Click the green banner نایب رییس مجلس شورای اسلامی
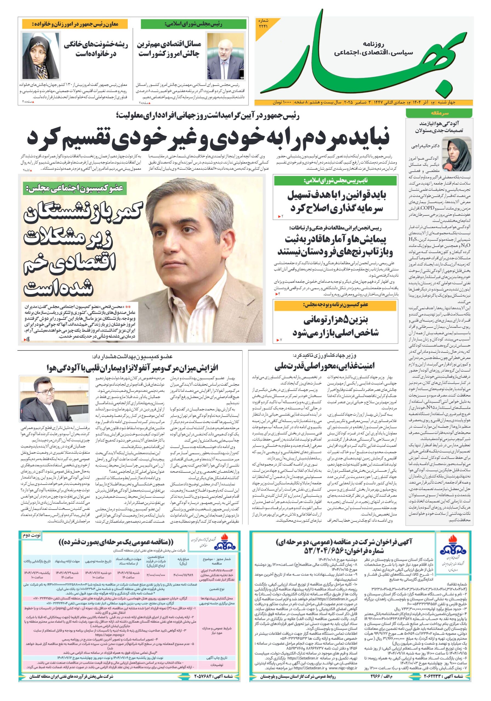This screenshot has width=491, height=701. coord(335,181)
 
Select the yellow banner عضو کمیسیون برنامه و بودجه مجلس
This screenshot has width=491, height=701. coord(335,305)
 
